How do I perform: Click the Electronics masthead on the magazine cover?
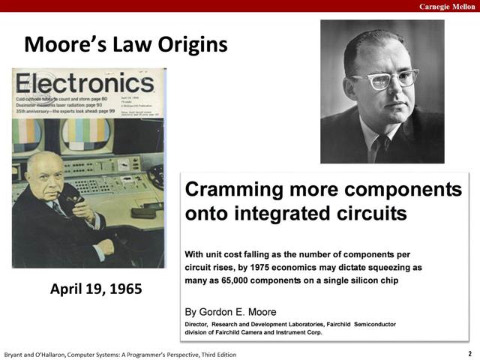[x=85, y=83]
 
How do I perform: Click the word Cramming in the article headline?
[x=232, y=189]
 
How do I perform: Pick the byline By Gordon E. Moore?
[x=230, y=311]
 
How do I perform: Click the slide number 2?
[x=469, y=353]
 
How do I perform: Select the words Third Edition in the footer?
[x=213, y=354]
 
